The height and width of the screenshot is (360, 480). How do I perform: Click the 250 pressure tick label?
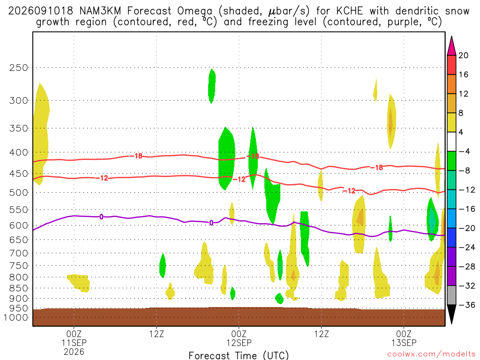pyautogui.click(x=19, y=67)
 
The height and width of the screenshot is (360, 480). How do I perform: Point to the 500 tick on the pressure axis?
pyautogui.click(x=19, y=193)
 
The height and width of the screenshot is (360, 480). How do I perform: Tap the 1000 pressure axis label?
pyautogui.click(x=16, y=317)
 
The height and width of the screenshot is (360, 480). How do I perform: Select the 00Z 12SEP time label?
pyautogui.click(x=239, y=338)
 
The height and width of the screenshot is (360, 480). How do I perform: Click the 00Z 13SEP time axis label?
pyautogui.click(x=404, y=338)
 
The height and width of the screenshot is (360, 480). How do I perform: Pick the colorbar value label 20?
pyautogui.click(x=463, y=55)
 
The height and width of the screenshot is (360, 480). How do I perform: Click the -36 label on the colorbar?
pyautogui.click(x=467, y=305)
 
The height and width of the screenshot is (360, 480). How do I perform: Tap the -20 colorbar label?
pyautogui.click(x=467, y=228)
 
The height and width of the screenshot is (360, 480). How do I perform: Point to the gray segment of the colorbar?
pyautogui.click(x=451, y=295)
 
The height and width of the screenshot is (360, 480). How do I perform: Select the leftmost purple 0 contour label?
pyautogui.click(x=101, y=217)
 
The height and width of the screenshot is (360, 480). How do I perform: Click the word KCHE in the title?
pyautogui.click(x=349, y=11)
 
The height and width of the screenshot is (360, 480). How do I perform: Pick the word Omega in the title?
pyautogui.click(x=195, y=12)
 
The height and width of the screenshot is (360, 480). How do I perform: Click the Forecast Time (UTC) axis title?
pyautogui.click(x=239, y=355)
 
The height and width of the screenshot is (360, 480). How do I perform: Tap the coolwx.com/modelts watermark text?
pyautogui.click(x=431, y=354)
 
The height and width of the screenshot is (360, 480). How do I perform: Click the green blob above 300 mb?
pyautogui.click(x=212, y=86)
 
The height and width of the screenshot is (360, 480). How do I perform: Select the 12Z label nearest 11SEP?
pyautogui.click(x=157, y=334)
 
